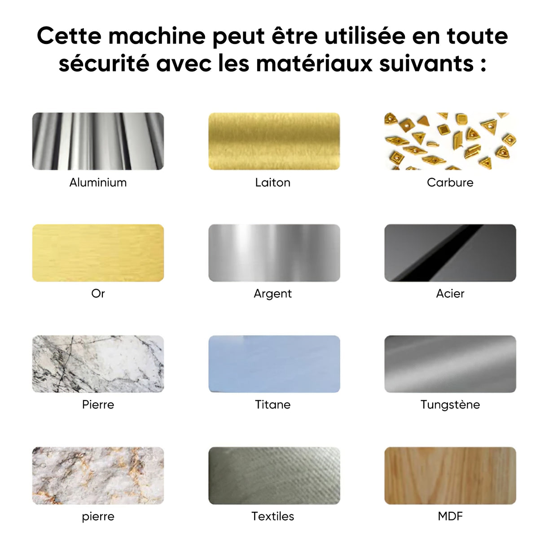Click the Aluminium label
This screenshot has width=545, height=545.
[x=98, y=182]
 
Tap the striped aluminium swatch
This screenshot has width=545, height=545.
[x=98, y=141]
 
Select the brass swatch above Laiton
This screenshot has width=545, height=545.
[x=274, y=141]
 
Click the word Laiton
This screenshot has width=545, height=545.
[x=272, y=182]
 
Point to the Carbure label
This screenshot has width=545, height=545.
[x=450, y=182]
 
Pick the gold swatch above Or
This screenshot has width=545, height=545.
[x=98, y=253]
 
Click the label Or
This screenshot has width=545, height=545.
[x=98, y=294]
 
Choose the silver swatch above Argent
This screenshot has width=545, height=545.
[x=274, y=253]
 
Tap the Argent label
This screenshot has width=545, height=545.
[x=272, y=294]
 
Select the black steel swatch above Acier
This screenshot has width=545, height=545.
[x=450, y=253]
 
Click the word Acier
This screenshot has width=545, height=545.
[x=450, y=294]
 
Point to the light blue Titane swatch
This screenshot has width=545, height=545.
[x=274, y=364]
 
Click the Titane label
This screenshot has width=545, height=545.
[x=272, y=404]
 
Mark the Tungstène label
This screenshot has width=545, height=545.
[x=450, y=404]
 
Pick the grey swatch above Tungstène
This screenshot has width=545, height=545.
[x=450, y=364]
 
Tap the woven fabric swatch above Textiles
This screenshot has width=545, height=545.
[x=274, y=475]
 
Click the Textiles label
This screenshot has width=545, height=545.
[x=272, y=516]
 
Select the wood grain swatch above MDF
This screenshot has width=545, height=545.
[x=450, y=475]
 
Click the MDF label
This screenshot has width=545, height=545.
[x=450, y=516]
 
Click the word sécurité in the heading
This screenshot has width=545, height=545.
[x=104, y=63]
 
